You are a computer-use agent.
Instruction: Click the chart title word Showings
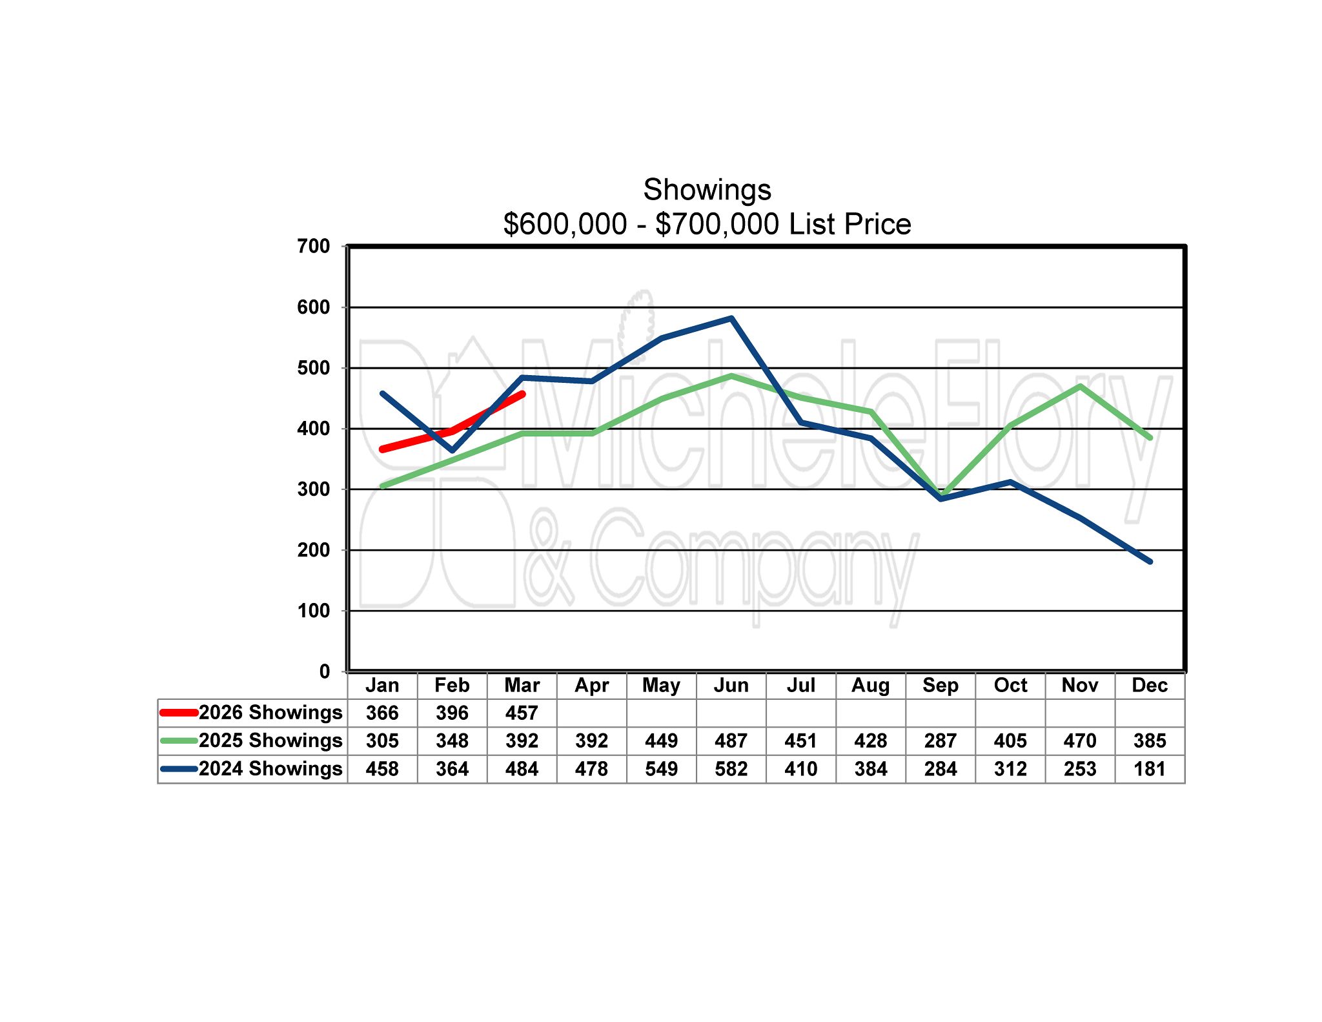pos(707,190)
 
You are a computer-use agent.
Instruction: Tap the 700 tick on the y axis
pos(314,246)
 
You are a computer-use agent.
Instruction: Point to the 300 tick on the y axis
pos(314,489)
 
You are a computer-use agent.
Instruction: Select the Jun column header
pos(731,685)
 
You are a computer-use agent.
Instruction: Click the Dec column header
pos(1150,685)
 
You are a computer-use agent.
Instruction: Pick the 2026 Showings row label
pos(270,712)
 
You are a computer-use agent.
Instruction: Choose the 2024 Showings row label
pos(270,768)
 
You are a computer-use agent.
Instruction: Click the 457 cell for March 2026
pos(522,713)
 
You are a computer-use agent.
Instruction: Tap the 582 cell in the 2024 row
pos(731,769)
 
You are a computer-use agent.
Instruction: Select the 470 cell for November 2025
pos(1080,741)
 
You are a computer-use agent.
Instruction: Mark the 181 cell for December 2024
pos(1150,769)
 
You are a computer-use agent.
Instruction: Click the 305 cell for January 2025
pos(382,741)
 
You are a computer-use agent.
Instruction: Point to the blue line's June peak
pos(731,318)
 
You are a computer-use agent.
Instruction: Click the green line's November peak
pos(1080,386)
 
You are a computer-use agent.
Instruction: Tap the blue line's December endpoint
pos(1150,562)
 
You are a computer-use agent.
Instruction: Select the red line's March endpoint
pos(522,394)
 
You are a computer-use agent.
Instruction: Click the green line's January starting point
pos(382,486)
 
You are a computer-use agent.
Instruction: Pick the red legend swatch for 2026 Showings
pos(178,713)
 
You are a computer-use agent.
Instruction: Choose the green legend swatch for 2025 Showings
pos(178,741)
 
